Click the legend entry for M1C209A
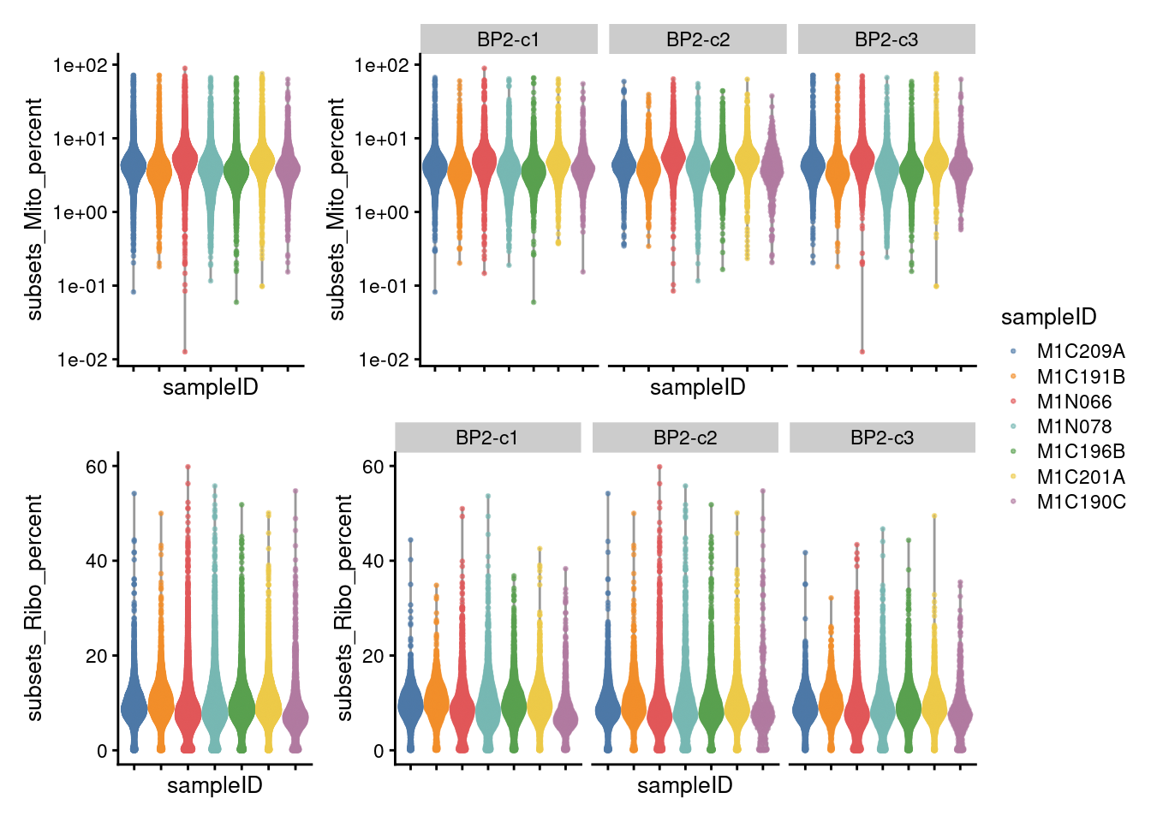(1080, 351)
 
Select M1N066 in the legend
(1074, 402)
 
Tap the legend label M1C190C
(1081, 502)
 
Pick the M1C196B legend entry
(1081, 451)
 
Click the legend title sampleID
(1048, 318)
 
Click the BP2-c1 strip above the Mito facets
(509, 39)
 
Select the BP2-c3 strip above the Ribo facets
(882, 438)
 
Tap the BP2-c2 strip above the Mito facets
(697, 39)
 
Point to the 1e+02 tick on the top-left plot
(81, 65)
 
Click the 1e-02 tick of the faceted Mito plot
(383, 360)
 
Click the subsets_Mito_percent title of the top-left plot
(35, 209)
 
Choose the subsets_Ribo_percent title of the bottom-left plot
(35, 607)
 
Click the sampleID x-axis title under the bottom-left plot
(214, 785)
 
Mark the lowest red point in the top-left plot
(184, 351)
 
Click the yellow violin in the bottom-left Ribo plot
(268, 702)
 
